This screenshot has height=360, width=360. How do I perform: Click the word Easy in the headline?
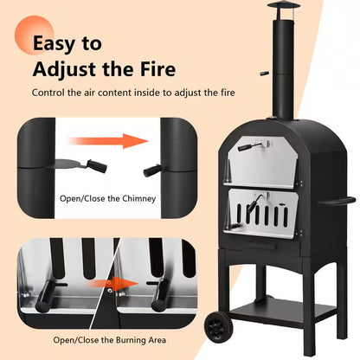pyautogui.click(x=55, y=43)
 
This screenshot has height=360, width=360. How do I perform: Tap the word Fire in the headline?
pyautogui.click(x=158, y=69)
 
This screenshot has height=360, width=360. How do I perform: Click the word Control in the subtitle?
pyautogui.click(x=48, y=93)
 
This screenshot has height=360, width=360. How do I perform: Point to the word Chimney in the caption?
pyautogui.click(x=139, y=199)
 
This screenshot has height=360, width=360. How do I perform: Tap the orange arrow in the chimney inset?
pyautogui.click(x=108, y=141)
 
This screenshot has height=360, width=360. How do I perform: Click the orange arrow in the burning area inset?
pyautogui.click(x=113, y=284)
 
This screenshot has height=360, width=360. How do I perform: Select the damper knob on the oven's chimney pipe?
pyautogui.click(x=265, y=74)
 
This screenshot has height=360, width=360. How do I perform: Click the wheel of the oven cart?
pyautogui.click(x=215, y=328)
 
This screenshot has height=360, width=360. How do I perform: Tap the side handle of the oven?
pyautogui.click(x=337, y=201)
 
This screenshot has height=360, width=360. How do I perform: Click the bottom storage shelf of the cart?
pyautogui.click(x=283, y=310)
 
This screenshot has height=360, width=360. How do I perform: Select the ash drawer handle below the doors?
pyautogui.click(x=263, y=244)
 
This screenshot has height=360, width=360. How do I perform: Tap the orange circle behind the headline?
pyautogui.click(x=35, y=35)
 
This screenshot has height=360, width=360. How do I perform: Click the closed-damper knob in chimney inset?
pyautogui.click(x=152, y=170)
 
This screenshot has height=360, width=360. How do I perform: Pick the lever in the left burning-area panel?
pyautogui.click(x=46, y=296)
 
